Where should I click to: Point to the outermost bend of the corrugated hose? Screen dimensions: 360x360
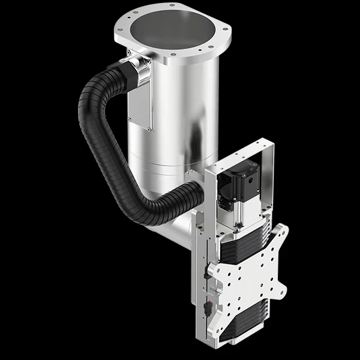tap(84, 120)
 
